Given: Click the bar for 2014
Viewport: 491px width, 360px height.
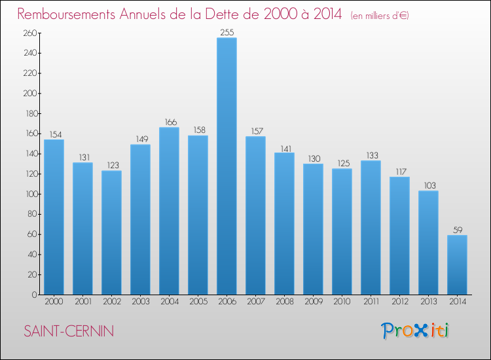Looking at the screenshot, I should (457, 264).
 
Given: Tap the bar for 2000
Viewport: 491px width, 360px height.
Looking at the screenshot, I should (54, 217).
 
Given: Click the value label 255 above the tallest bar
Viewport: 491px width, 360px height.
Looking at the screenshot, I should (227, 31).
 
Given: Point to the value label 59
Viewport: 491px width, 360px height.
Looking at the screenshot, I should (457, 230).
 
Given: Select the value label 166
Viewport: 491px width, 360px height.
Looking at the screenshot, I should (169, 122).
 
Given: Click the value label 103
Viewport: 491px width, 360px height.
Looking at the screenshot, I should (428, 185).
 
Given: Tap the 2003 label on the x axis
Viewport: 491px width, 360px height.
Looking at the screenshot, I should (140, 302).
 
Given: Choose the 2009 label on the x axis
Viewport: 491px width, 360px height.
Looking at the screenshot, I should (313, 302).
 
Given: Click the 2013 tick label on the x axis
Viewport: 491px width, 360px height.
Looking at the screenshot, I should (428, 302).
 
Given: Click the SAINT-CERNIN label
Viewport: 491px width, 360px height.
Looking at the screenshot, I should (69, 331).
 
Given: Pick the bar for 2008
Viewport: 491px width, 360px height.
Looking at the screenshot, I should (284, 223).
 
